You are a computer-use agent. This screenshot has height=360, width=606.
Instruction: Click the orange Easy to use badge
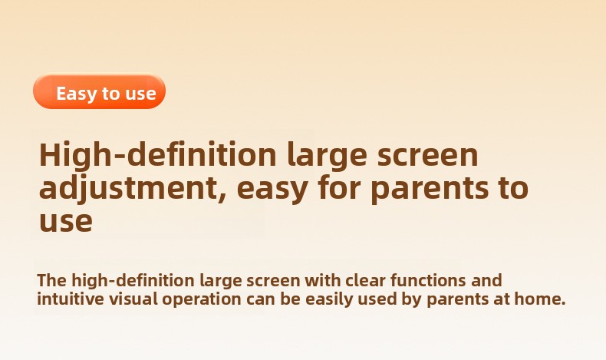99,91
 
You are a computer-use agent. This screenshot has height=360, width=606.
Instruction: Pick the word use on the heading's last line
66,222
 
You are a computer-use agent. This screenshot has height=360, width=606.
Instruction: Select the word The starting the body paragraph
52,280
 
